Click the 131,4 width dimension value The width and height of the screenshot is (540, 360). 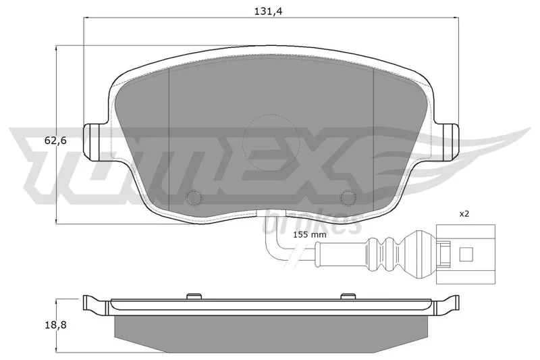point(268,11)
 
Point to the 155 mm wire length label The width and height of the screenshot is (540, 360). point(310,235)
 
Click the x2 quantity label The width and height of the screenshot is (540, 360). point(464,214)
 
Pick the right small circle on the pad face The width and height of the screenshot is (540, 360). point(347,197)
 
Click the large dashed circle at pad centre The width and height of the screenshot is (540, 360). point(271,142)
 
